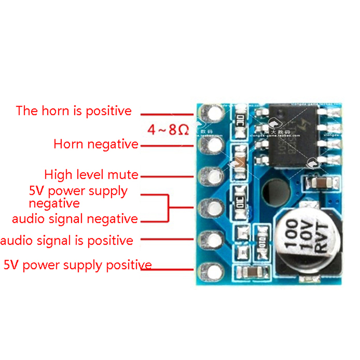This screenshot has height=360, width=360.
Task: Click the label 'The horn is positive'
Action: (74, 111)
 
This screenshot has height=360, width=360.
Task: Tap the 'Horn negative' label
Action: (96, 144)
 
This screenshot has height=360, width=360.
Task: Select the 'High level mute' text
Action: (91, 175)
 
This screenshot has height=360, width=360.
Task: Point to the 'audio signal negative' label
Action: (75, 219)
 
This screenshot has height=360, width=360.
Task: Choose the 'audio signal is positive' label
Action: (67, 241)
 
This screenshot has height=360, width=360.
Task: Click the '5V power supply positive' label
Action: (77, 265)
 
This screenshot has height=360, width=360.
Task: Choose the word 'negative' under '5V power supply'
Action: (54, 203)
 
